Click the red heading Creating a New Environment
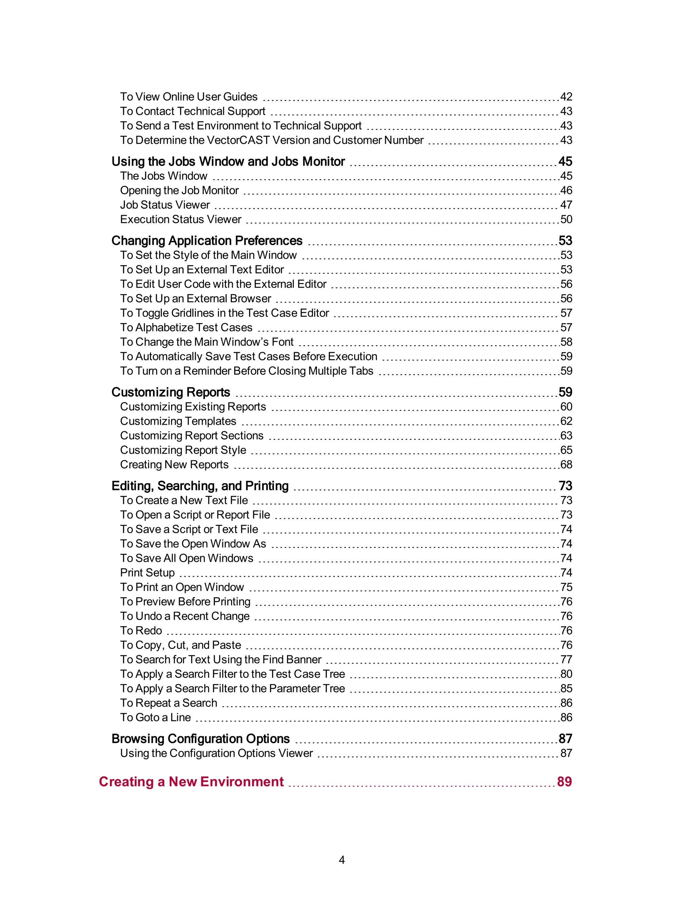[191, 781]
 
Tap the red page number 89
[564, 781]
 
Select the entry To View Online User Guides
[189, 97]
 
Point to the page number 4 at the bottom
[341, 860]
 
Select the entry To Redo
[141, 631]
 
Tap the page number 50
[566, 219]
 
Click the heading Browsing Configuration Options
[201, 739]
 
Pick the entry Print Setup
[147, 573]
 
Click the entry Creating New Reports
[174, 464]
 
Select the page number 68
[566, 464]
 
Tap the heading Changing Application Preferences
[207, 241]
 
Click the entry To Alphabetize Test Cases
[186, 328]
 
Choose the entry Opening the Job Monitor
[179, 191]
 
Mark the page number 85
[566, 688]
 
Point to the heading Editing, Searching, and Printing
[200, 486]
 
